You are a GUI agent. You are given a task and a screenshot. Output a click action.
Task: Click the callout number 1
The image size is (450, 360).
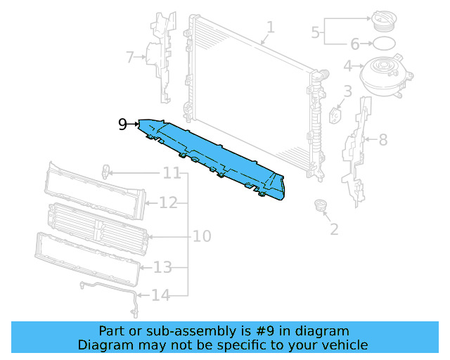pyautogui.click(x=271, y=27)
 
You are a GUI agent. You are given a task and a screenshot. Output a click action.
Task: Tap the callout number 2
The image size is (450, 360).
pyautogui.click(x=334, y=229)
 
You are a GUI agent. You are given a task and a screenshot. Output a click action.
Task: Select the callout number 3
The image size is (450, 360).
pyautogui.click(x=347, y=91)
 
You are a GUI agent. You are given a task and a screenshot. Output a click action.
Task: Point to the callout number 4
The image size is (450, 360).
pyautogui.click(x=347, y=67)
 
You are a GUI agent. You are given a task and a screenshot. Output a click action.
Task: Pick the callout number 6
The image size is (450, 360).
pyautogui.click(x=354, y=44)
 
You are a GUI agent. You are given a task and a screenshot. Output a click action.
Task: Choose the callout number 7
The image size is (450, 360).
pyautogui.click(x=130, y=57)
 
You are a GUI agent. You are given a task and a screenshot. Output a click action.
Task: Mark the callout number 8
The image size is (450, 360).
pyautogui.click(x=382, y=140)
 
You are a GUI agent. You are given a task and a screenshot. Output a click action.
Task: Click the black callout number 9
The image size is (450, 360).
pyautogui.click(x=122, y=124)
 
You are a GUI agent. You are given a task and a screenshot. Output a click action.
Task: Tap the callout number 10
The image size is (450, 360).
pyautogui.click(x=202, y=236)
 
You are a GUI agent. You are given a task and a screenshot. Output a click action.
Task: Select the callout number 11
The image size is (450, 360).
pyautogui.click(x=172, y=173)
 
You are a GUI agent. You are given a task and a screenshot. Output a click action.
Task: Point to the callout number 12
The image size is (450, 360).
pyautogui.click(x=168, y=203)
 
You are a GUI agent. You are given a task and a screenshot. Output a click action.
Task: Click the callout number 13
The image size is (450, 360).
pyautogui.click(x=162, y=267)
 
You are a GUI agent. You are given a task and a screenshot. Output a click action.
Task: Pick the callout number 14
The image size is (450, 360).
pyautogui.click(x=161, y=295)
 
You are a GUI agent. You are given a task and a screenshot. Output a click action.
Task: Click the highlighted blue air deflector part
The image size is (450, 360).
pyautogui.click(x=211, y=155)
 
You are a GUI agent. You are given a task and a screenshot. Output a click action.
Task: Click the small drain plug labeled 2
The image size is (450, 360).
pyautogui.click(x=321, y=205)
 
